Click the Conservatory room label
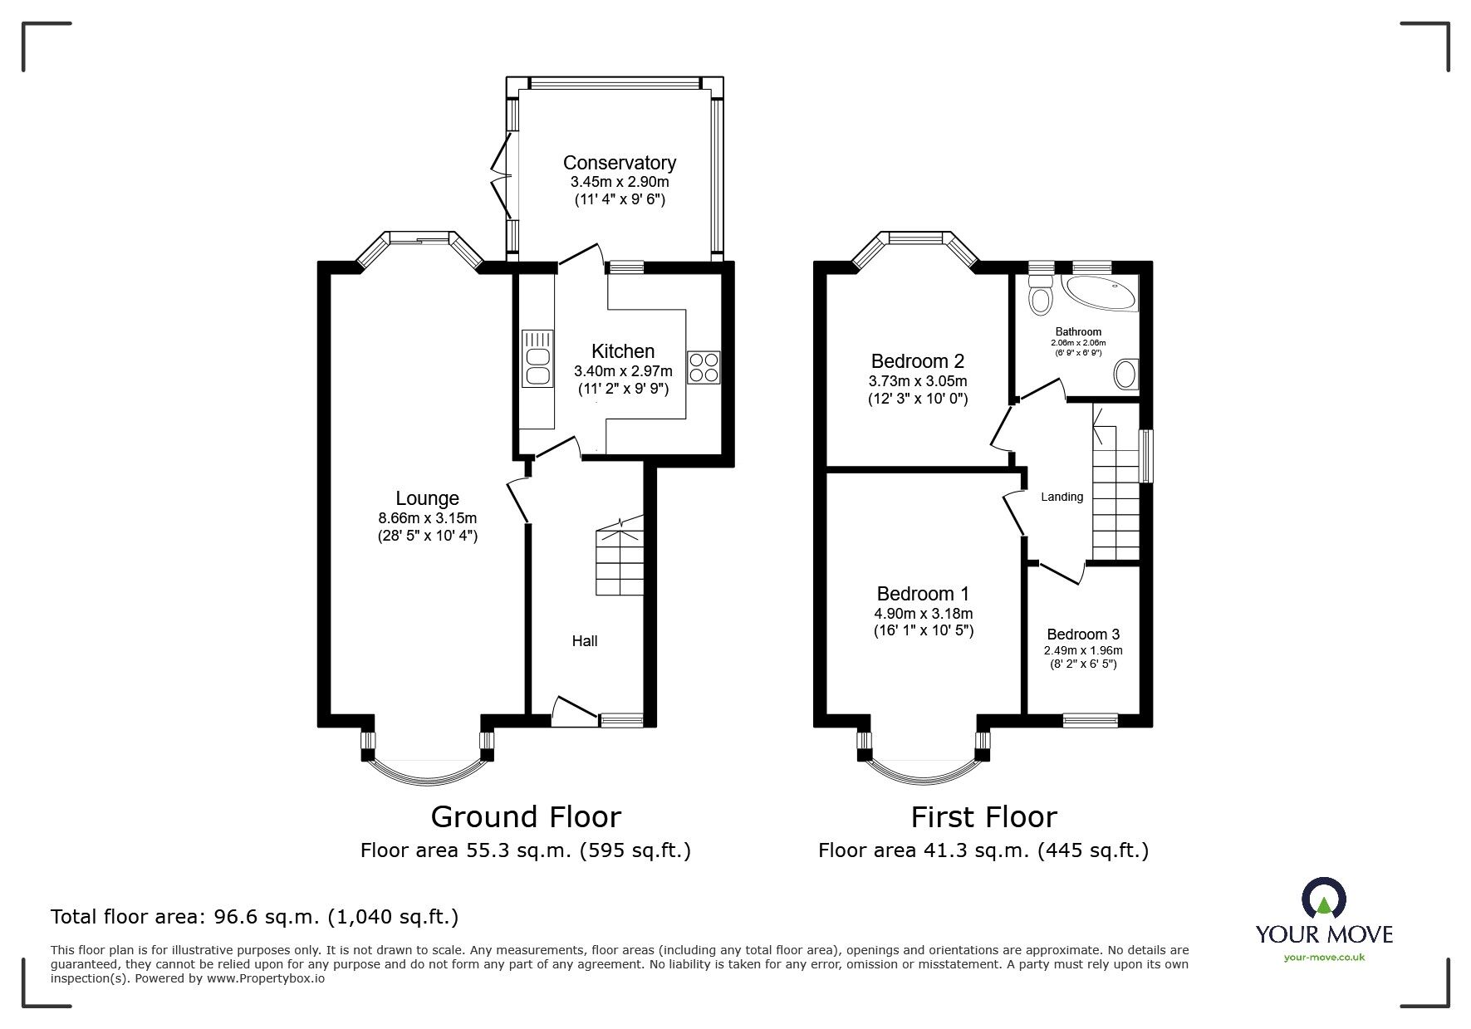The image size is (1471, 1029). point(619,163)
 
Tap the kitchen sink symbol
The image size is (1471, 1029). point(537,359)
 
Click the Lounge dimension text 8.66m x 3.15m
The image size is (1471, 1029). point(427,518)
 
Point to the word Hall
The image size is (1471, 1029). point(584,641)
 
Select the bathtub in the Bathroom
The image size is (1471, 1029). point(1101,294)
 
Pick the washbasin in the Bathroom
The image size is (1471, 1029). point(1126,375)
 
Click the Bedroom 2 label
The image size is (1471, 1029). point(917,361)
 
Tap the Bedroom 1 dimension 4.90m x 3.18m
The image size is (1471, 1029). point(923,614)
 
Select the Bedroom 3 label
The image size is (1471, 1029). point(1083,635)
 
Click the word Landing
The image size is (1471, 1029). point(1062,497)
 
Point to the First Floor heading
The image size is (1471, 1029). point(983,817)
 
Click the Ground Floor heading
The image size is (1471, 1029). point(526,817)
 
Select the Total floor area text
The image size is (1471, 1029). point(254,918)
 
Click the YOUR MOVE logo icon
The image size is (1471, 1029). point(1324,899)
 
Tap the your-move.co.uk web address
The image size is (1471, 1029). point(1324,957)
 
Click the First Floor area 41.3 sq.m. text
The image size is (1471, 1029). point(983,850)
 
